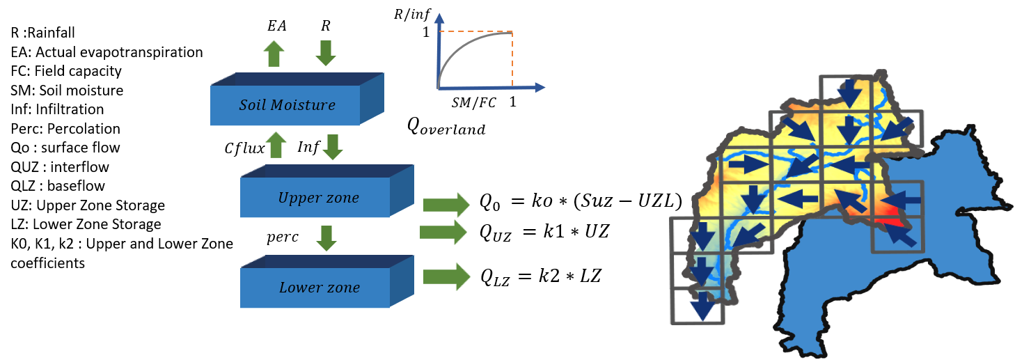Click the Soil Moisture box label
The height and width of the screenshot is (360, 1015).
pyautogui.click(x=287, y=105)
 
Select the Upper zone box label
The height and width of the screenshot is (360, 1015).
pyautogui.click(x=318, y=198)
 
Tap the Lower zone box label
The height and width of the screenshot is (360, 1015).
pyautogui.click(x=319, y=287)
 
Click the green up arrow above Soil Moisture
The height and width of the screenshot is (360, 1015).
pyautogui.click(x=274, y=54)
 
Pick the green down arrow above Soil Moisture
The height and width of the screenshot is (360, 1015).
pyautogui.click(x=325, y=54)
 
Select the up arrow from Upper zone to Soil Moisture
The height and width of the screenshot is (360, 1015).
pyautogui.click(x=276, y=145)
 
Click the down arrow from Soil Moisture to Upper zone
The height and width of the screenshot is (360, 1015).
pyautogui.click(x=333, y=146)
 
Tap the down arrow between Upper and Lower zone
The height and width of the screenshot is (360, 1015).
pyautogui.click(x=326, y=237)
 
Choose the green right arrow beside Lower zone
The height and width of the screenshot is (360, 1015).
pyautogui.click(x=446, y=276)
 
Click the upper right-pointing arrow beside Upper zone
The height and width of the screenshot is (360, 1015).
pyautogui.click(x=446, y=205)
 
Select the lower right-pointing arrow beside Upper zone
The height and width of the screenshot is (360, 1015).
pyautogui.click(x=443, y=232)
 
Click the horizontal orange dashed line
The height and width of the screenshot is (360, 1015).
pyautogui.click(x=476, y=32)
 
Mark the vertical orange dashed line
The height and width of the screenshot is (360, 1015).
pyautogui.click(x=513, y=59)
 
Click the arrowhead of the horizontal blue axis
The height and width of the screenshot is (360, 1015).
pyautogui.click(x=540, y=88)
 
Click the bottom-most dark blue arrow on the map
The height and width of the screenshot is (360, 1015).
pyautogui.click(x=703, y=306)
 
